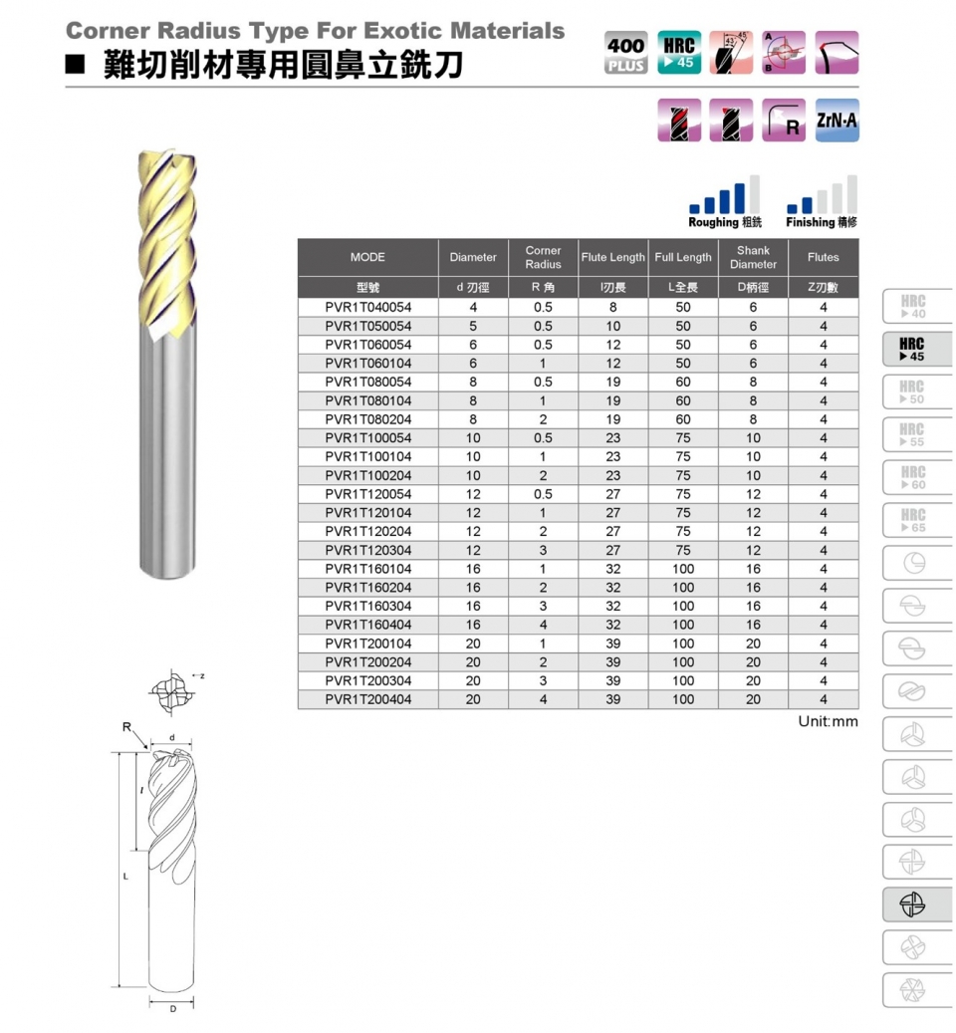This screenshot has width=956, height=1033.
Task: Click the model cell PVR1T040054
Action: (x=367, y=308)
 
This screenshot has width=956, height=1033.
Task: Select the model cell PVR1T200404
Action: (x=367, y=699)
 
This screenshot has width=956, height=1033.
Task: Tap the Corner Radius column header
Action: (x=543, y=257)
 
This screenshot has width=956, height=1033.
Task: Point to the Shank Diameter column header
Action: (x=753, y=257)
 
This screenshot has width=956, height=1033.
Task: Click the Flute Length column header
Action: (x=612, y=257)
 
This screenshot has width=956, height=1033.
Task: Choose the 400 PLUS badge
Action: (x=625, y=53)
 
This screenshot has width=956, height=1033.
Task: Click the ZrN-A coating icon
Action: (x=836, y=121)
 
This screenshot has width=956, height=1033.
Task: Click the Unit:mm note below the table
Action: (x=828, y=721)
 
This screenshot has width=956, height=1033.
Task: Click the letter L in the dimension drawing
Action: (x=126, y=877)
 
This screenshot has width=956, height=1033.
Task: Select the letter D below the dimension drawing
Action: (x=171, y=1009)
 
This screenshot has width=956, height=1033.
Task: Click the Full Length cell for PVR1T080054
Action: (x=682, y=383)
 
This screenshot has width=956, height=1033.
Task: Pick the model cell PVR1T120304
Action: (x=367, y=550)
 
